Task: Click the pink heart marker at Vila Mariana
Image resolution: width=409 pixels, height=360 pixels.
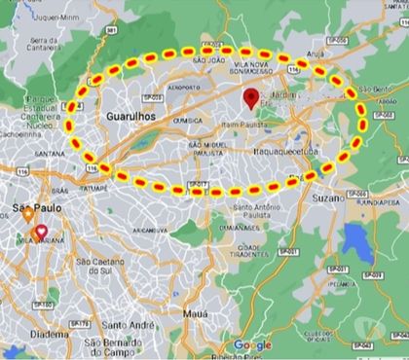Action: [41, 233]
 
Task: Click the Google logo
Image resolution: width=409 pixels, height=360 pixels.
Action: [252, 344]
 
